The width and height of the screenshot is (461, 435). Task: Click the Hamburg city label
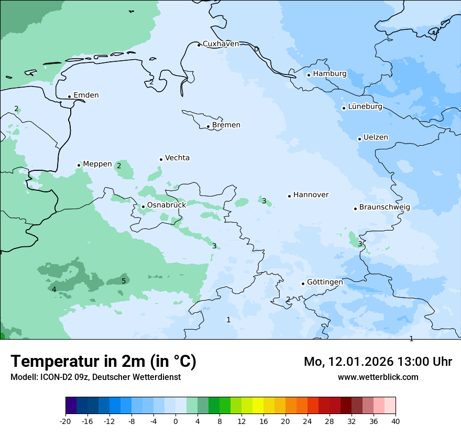[330, 74]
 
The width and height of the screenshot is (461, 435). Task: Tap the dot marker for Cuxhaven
[199, 45]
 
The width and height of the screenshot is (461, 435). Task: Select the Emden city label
[86, 95]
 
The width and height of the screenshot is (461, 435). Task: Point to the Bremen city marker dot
[208, 126]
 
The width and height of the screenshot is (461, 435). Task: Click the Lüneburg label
[365, 107]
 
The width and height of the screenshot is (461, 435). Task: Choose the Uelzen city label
[376, 137]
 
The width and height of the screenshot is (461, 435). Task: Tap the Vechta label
[177, 158]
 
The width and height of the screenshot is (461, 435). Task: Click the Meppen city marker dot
[79, 165]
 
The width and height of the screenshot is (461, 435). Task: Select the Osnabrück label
[167, 205]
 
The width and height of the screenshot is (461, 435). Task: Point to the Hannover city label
[311, 195]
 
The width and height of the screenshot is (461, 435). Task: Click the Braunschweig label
[385, 207]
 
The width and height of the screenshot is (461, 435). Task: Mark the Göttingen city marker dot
[303, 284]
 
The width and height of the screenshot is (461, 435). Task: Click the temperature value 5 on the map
[124, 281]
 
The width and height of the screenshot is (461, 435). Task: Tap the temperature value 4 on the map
[54, 289]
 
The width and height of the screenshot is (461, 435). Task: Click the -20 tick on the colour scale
[65, 421]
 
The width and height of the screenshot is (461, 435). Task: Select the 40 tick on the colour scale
[396, 421]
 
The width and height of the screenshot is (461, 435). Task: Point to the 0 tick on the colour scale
[175, 421]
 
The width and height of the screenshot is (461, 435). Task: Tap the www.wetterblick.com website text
[378, 377]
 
